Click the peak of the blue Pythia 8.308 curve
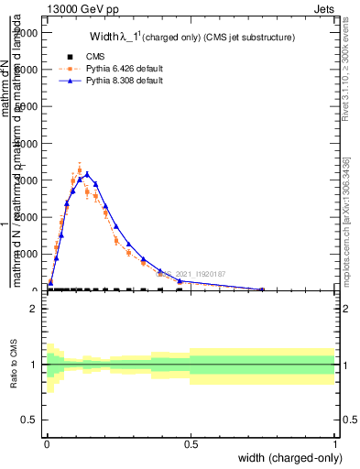(x=86, y=173)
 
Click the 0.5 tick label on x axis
(x=191, y=444)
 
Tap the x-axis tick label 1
(x=335, y=444)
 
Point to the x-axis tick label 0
(x=47, y=444)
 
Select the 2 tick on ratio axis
(x=33, y=309)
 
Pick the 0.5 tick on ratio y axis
(x=30, y=420)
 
